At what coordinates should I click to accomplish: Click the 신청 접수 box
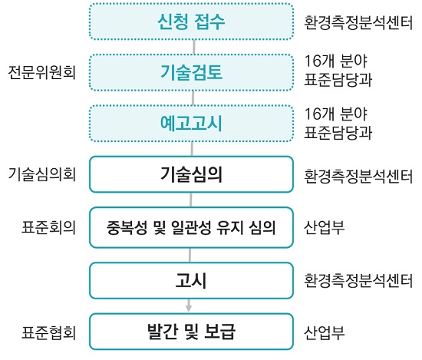click(x=191, y=21)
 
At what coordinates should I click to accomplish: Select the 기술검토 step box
click(x=191, y=72)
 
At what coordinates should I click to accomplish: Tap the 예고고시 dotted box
click(x=191, y=124)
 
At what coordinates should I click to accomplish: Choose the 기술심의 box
click(x=191, y=174)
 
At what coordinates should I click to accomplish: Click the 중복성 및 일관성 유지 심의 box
click(x=191, y=227)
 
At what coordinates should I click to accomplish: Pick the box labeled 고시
click(x=191, y=280)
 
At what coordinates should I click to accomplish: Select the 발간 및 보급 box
click(x=191, y=332)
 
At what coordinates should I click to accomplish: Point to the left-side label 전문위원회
click(x=42, y=72)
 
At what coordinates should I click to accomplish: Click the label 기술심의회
click(x=42, y=174)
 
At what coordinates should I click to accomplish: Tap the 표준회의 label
click(x=48, y=227)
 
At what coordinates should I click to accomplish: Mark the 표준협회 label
click(x=48, y=332)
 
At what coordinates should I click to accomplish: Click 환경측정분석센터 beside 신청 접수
click(x=358, y=22)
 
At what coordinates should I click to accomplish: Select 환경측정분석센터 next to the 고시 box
click(x=358, y=281)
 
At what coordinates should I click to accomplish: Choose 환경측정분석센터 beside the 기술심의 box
click(x=358, y=176)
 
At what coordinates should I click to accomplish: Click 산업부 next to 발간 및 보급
click(x=325, y=332)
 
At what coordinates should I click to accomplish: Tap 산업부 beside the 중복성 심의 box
click(x=325, y=227)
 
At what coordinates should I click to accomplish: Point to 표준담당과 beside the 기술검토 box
click(x=338, y=79)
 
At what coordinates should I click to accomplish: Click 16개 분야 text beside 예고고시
click(x=336, y=114)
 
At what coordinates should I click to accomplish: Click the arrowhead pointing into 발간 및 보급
click(x=189, y=309)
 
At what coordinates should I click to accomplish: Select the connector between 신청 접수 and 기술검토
click(x=194, y=47)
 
